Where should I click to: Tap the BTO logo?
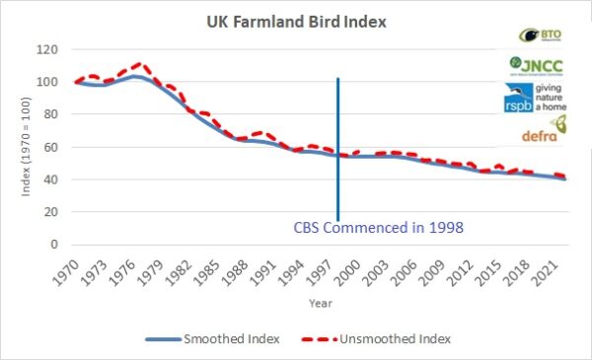click(x=541, y=36)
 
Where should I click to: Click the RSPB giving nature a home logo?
click(x=541, y=99)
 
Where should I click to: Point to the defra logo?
click(x=541, y=130)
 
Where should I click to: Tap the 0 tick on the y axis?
click(x=54, y=245)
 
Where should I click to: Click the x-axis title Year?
click(x=313, y=304)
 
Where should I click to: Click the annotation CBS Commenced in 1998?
click(x=379, y=227)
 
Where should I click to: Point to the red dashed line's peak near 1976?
click(x=139, y=64)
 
